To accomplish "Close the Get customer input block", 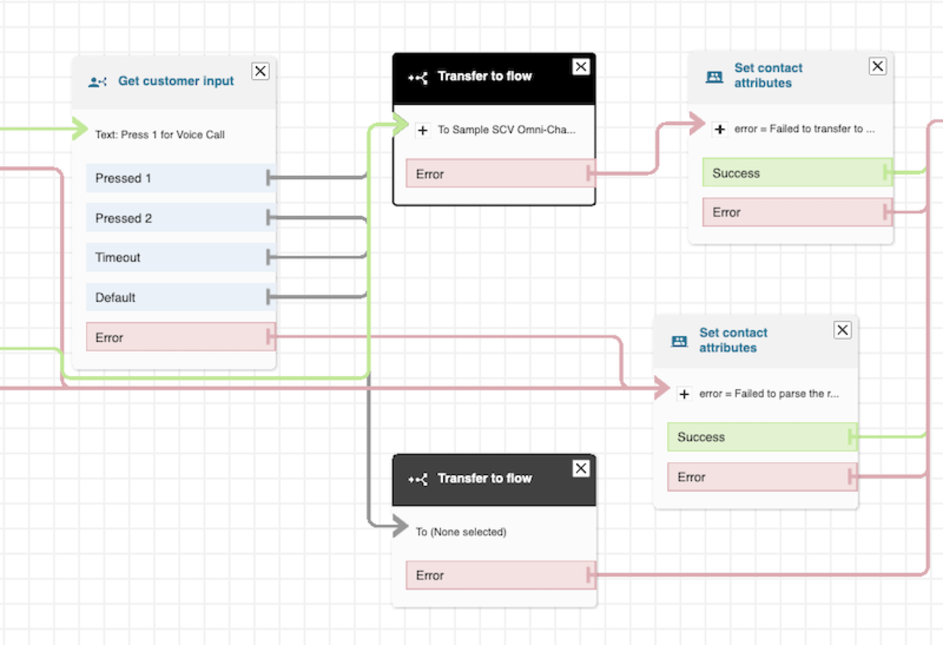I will [260, 72].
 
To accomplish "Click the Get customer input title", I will [176, 81].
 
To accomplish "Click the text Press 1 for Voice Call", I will [160, 135].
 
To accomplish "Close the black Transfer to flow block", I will [581, 66].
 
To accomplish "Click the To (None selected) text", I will [461, 532].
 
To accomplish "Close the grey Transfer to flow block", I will [581, 469].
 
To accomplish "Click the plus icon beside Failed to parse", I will [684, 394].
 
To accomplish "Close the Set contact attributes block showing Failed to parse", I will [842, 330].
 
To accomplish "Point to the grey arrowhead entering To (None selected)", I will [401, 526].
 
